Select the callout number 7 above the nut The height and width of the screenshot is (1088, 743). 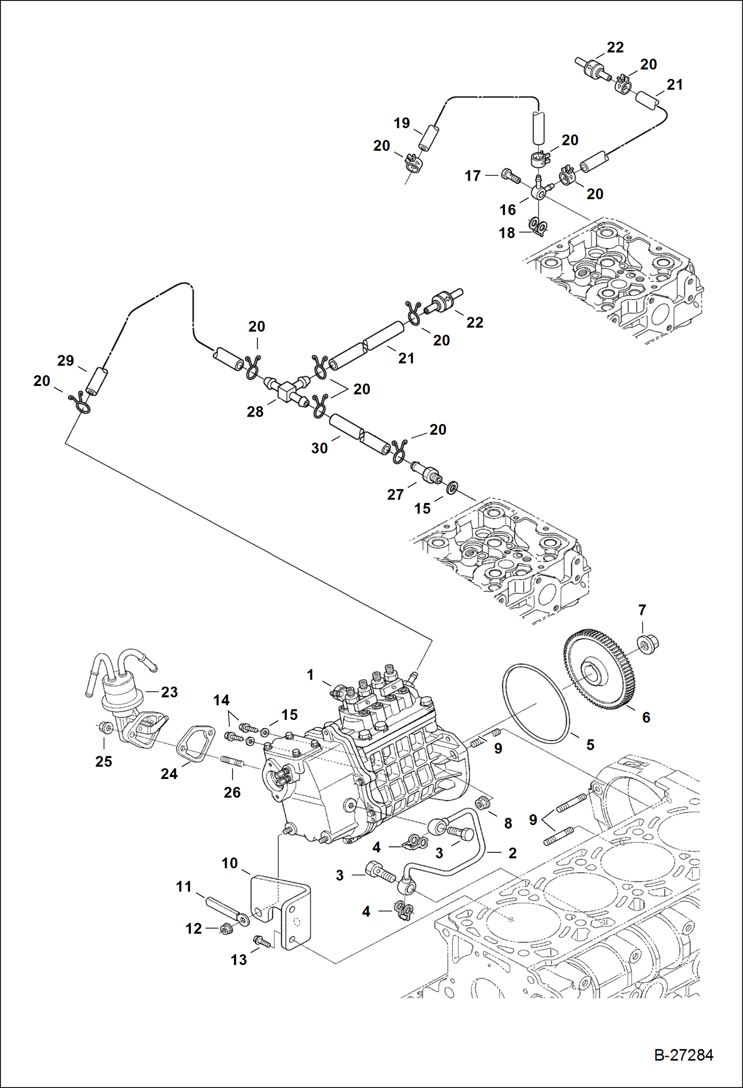coord(642,610)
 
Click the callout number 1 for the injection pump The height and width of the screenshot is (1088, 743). coord(310,675)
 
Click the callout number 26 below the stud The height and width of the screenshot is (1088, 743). coord(232,792)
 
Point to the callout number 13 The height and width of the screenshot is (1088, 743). coord(239,960)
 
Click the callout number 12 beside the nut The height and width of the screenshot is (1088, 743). coord(193,928)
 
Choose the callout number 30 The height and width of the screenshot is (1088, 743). coord(319,448)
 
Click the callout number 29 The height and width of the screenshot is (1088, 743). coord(65,361)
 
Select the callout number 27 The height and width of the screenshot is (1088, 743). coord(395,494)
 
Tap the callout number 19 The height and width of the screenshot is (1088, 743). coord(402,123)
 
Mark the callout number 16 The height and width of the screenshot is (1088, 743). coord(507,209)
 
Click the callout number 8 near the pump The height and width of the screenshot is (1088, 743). coord(508,823)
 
